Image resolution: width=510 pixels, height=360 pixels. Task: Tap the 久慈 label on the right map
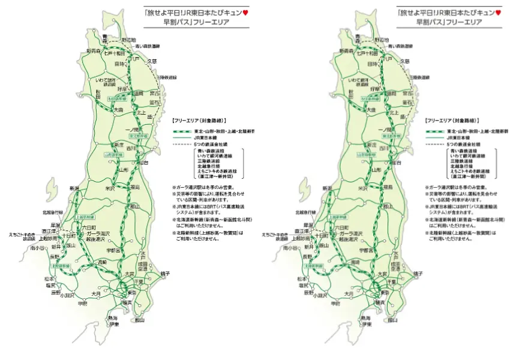click(405, 61)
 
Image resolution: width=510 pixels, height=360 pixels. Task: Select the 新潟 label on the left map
click(74, 188)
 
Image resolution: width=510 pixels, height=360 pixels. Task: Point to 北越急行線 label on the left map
click(52, 212)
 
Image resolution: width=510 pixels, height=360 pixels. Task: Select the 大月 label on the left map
click(96, 293)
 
